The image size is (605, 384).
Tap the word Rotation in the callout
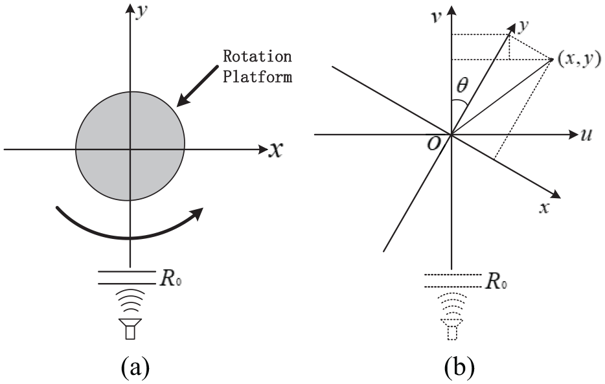click(257, 56)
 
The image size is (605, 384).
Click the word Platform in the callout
click(257, 76)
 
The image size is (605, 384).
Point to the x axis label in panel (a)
click(275, 149)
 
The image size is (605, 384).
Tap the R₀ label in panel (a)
click(170, 278)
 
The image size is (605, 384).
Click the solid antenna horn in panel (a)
click(130, 329)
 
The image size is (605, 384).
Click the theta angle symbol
click(462, 85)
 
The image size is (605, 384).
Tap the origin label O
click(434, 144)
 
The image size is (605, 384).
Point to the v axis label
click(437, 17)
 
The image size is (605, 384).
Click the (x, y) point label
click(579, 60)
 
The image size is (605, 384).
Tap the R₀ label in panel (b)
click(496, 282)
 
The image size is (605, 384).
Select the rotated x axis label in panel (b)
click(544, 209)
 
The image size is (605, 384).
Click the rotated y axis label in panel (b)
click(523, 26)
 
